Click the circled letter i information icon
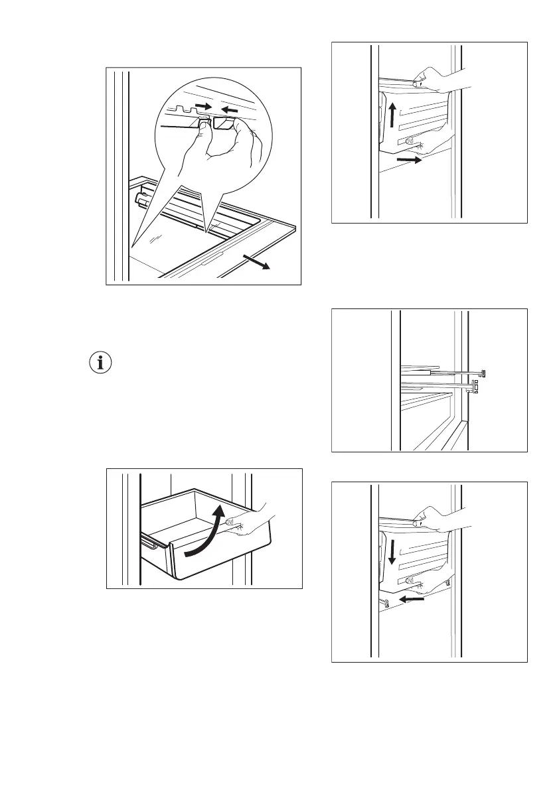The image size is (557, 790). pos(101,363)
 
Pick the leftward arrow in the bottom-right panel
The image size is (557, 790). pos(414,598)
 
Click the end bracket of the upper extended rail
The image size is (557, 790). pos(483,373)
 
